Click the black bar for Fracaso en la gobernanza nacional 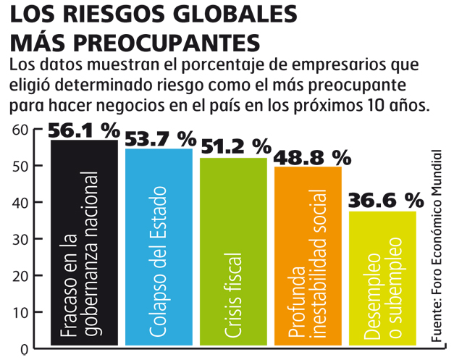84,243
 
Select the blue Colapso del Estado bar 159,247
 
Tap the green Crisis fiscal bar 233,251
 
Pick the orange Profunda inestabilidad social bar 308,256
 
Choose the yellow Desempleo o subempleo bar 382,278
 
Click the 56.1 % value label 84,130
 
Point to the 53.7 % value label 161,139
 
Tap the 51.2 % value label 236,146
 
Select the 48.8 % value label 312,158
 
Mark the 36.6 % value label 386,201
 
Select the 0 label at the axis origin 25,350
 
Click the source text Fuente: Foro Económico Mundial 437,246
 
